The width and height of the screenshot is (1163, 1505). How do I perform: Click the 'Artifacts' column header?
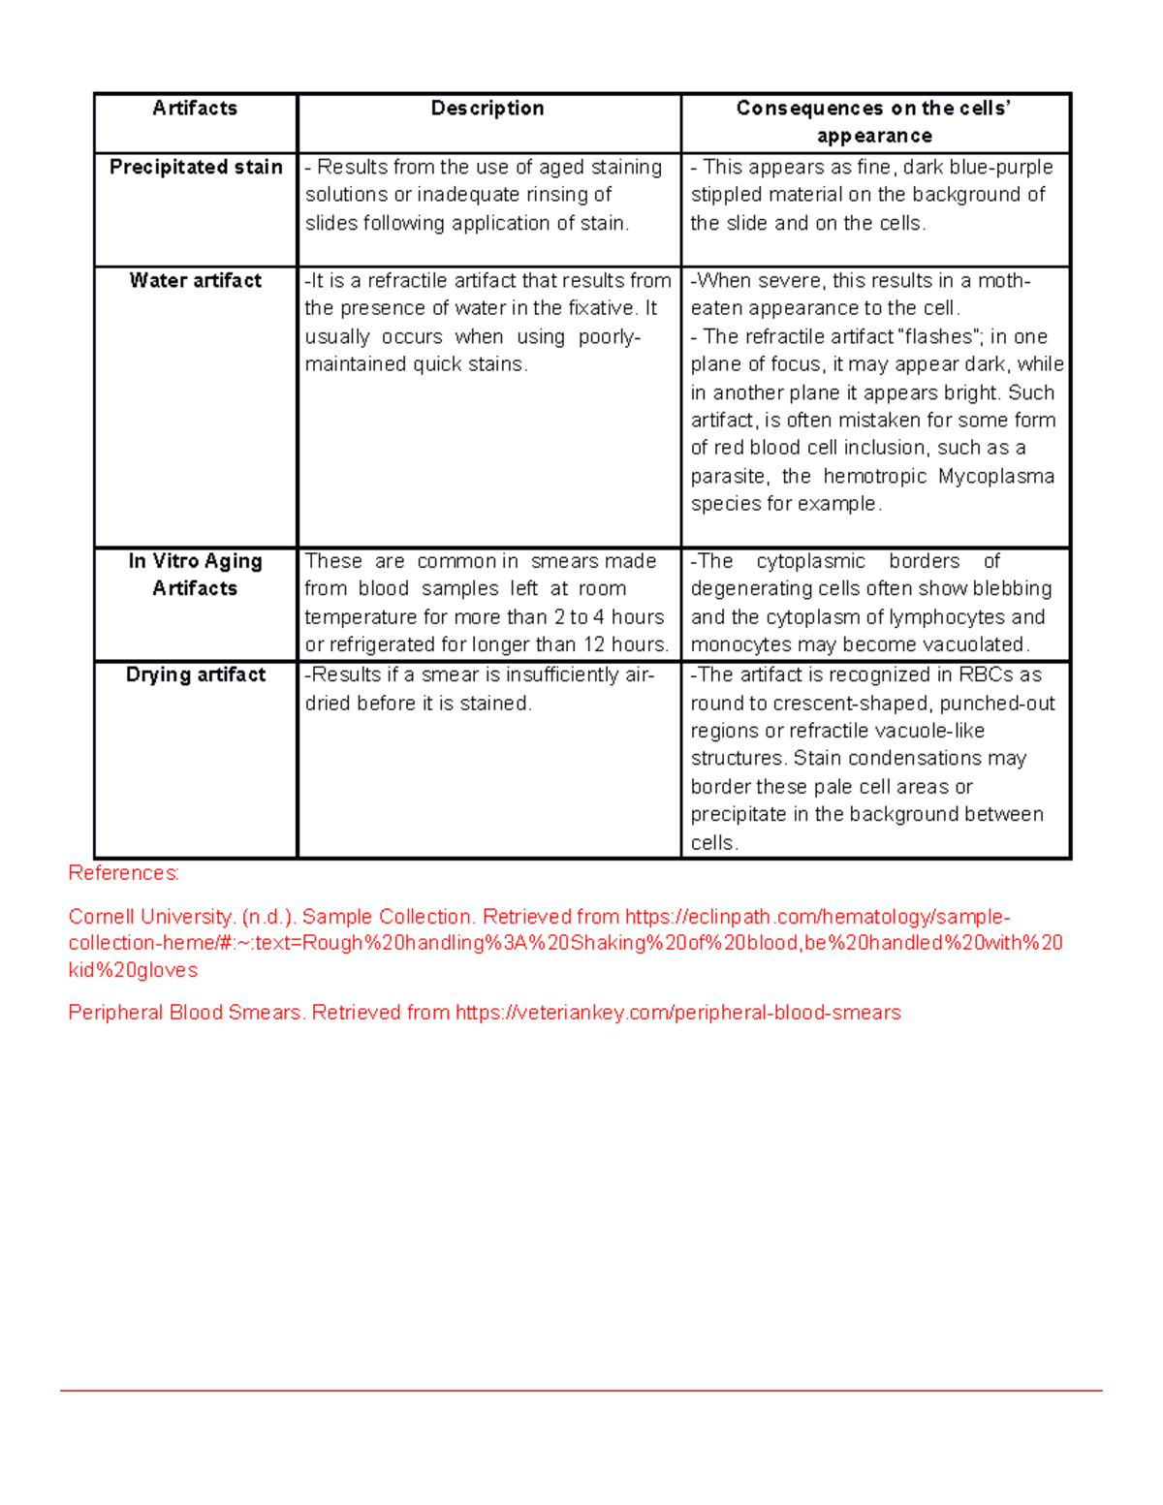pos(195,109)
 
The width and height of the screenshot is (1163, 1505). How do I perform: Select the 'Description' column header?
pos(487,109)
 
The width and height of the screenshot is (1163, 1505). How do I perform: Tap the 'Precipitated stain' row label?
pos(196,167)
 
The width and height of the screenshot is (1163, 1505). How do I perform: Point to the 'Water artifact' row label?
pos(196,281)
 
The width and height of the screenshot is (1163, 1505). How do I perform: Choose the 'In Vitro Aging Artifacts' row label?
pos(195,575)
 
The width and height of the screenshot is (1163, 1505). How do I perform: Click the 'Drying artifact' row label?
pos(196,674)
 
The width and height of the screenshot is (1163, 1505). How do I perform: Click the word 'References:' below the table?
pos(123,873)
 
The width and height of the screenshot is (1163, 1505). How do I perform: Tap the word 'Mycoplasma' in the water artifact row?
pos(996,476)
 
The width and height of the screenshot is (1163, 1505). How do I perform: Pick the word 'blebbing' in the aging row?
pos(1012,588)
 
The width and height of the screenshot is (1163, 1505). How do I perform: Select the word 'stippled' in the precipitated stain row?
pos(726,195)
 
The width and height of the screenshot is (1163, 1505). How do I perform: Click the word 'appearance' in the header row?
pos(874,136)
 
